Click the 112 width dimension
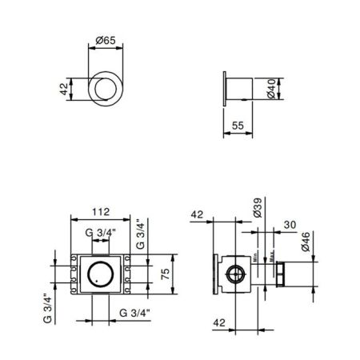tap(101, 213)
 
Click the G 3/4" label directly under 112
tap(101, 233)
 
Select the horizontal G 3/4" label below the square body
tap(136, 311)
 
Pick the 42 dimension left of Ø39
tap(198, 214)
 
